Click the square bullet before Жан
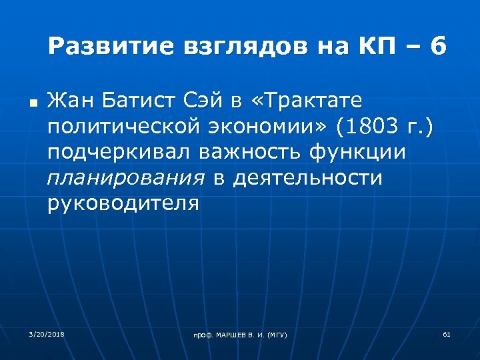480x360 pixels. pos(31,105)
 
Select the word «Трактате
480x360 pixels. pos(309,101)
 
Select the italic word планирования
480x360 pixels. pos(126,177)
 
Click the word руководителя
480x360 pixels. pos(123,203)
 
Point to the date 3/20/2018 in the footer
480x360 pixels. pos(43,333)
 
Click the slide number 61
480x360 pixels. pos(447,333)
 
